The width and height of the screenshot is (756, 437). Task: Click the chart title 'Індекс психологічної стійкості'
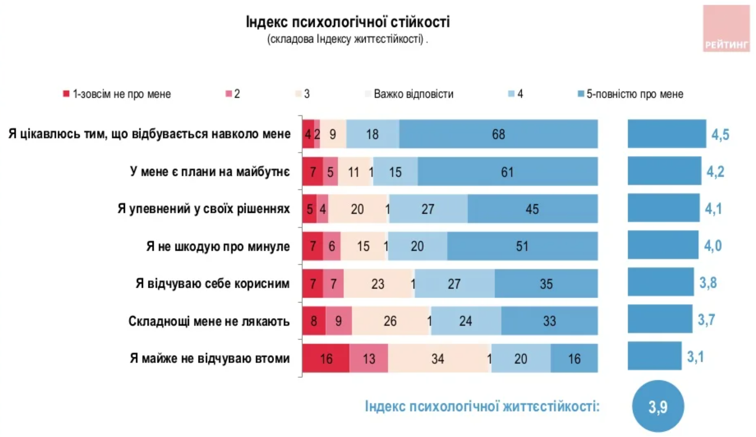pos(348,22)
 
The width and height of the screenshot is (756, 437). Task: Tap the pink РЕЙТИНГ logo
pos(726,29)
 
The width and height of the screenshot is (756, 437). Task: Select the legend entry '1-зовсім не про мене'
pos(117,94)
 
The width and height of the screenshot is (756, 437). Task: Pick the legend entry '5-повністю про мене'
pos(631,94)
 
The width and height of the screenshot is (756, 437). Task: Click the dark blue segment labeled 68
pos(498,134)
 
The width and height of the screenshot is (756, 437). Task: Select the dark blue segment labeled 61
pos(507,171)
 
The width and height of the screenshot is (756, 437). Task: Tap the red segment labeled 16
pos(326,358)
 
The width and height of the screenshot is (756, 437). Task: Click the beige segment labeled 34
pos(438,358)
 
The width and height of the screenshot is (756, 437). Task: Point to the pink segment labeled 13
pos(369,358)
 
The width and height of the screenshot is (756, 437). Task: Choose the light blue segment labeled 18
pos(373,134)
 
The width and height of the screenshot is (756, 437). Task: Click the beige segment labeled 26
pos(390,321)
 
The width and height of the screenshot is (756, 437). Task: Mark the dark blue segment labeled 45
pos(532,209)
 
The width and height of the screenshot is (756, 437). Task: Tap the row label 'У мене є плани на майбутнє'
pos(210,171)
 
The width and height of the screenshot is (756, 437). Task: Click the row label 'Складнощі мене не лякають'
pos(209,321)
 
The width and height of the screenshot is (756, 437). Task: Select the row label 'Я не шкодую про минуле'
pos(218,246)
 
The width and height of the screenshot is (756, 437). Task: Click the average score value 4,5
pos(720,135)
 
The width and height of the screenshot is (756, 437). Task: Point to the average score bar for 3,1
pos(654,356)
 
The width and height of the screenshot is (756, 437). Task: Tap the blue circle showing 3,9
pos(658,406)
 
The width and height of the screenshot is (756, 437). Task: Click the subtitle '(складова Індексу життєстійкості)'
pos(347,39)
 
